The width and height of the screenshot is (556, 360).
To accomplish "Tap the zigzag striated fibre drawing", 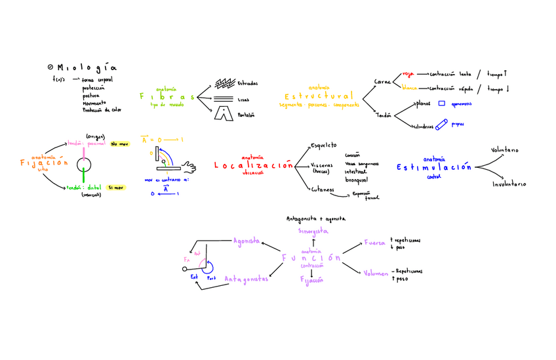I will [x=225, y=83].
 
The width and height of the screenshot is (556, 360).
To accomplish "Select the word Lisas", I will [x=243, y=100].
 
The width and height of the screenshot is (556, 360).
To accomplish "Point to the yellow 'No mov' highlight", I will [x=119, y=144].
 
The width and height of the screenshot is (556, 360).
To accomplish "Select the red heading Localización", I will [x=253, y=167].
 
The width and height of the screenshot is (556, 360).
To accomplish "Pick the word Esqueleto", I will [x=323, y=145].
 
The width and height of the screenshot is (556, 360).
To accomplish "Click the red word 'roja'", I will [x=408, y=74].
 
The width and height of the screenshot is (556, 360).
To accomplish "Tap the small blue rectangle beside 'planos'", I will [x=441, y=103].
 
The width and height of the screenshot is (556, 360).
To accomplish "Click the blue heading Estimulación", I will [x=433, y=168].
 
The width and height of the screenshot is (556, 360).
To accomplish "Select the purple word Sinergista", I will [x=313, y=231].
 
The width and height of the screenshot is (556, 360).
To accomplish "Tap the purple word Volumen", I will [x=376, y=273].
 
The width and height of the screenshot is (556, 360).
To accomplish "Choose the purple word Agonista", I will [x=247, y=241].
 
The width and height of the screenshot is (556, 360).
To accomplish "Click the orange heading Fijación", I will [x=45, y=163].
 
